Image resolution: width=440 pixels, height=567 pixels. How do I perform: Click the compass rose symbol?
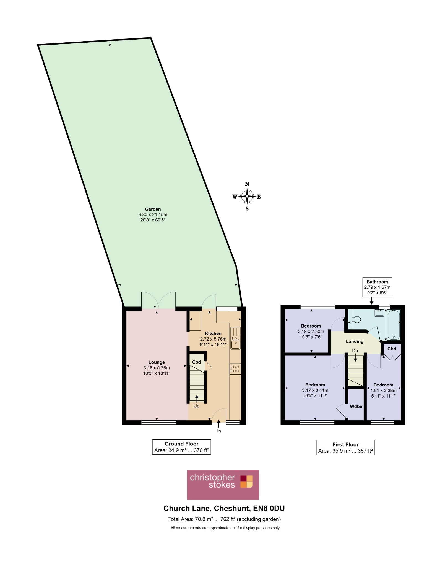247,196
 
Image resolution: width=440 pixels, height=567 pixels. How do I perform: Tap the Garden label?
153,209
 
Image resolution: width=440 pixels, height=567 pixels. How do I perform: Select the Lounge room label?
157,362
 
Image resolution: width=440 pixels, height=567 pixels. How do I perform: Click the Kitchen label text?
213,333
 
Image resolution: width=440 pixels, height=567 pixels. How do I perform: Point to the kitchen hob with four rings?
235,369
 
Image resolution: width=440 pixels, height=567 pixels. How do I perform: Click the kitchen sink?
236,338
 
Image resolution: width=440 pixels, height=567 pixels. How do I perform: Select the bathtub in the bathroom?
394,325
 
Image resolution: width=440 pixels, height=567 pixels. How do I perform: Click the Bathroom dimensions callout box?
377,287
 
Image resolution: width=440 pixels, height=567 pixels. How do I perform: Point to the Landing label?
355,341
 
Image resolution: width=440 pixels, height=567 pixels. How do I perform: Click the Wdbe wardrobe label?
356,406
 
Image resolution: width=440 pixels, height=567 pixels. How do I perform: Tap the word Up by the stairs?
196,406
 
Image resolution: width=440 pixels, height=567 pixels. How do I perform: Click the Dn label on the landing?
355,351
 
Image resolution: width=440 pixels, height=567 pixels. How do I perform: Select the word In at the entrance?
219,431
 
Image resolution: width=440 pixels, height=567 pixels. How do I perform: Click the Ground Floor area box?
181,447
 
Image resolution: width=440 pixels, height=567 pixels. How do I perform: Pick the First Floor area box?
345,448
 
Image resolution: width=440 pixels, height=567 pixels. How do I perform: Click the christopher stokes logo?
223,485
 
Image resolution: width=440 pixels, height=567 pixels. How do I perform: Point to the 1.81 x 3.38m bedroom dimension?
384,390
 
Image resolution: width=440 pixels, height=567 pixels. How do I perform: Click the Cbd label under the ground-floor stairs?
196,362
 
